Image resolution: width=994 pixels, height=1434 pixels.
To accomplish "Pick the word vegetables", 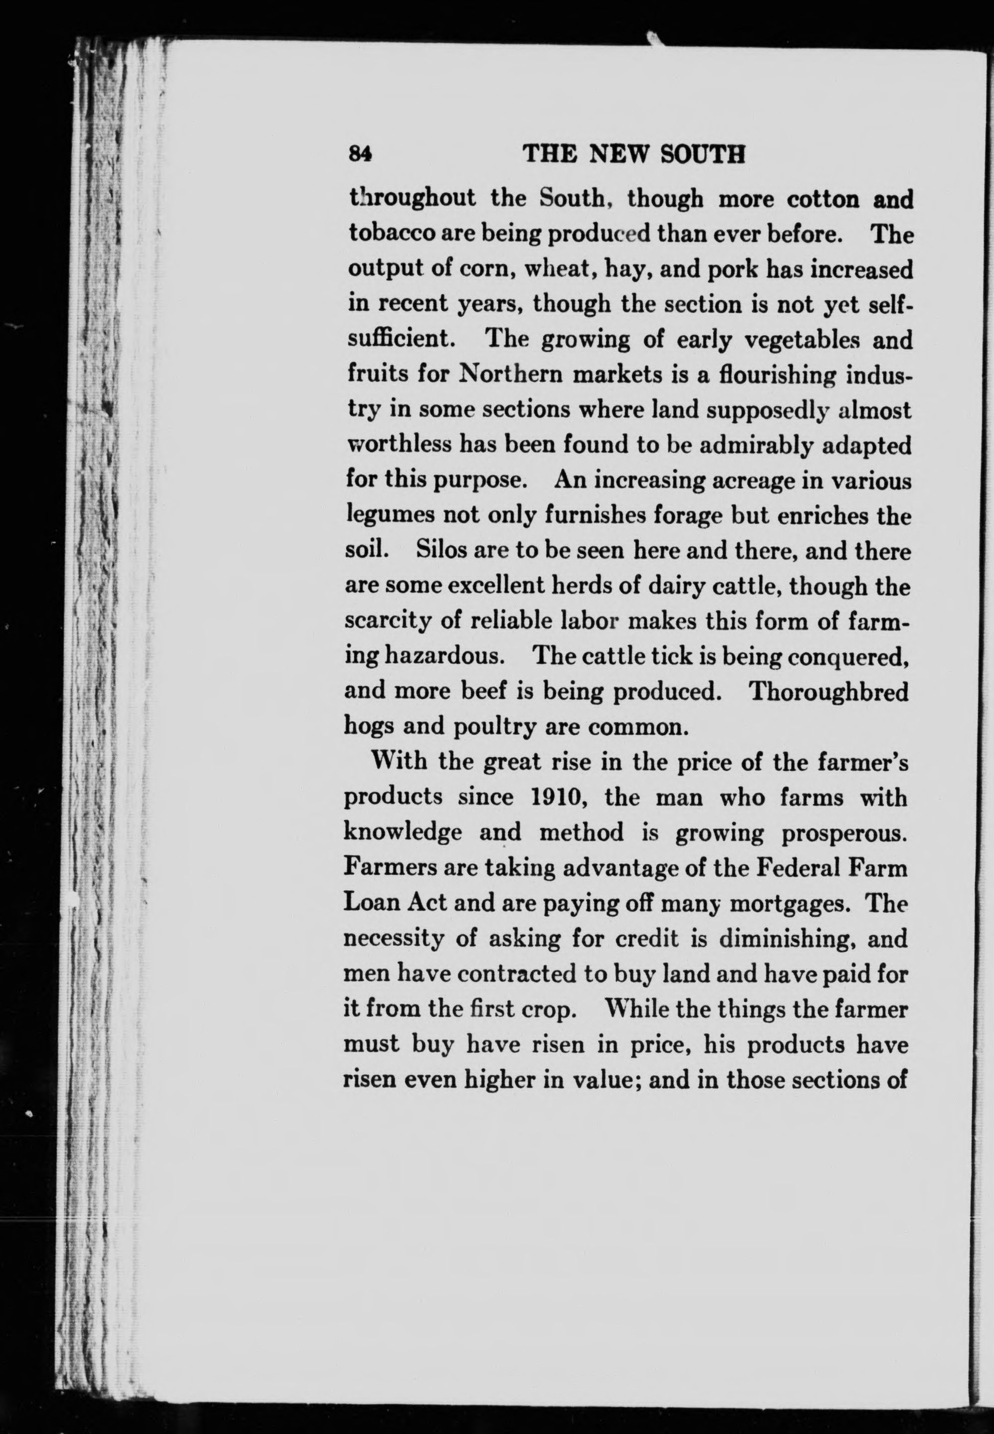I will coord(802,340).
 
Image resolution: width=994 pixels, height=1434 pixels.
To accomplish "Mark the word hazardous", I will coord(443,656).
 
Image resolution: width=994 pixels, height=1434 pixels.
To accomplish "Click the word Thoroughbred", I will coord(828,691).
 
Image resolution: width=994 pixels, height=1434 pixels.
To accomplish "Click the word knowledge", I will coord(402,832).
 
